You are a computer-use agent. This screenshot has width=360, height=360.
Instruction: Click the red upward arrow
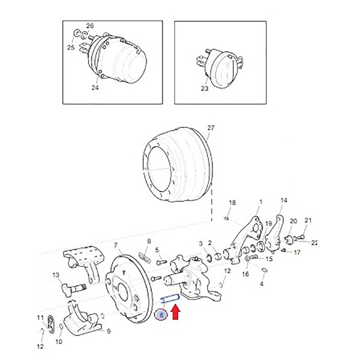pyautogui.click(x=176, y=312)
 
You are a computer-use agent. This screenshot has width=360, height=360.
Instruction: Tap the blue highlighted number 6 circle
pyautogui.click(x=161, y=315)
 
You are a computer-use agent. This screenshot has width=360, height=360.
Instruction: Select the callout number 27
pyautogui.click(x=211, y=128)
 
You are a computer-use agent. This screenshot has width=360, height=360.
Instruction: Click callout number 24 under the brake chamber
pyautogui.click(x=95, y=87)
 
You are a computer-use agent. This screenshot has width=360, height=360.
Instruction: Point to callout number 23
pyautogui.click(x=204, y=88)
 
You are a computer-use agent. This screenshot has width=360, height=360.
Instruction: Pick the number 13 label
pyautogui.click(x=56, y=275)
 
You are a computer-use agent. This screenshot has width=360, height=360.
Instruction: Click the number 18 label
pyautogui.click(x=232, y=203)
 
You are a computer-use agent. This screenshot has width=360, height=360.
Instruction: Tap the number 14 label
pyautogui.click(x=284, y=200)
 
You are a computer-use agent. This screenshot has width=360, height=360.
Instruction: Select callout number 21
pyautogui.click(x=308, y=220)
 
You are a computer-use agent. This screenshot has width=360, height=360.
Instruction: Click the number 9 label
pyautogui.click(x=109, y=331)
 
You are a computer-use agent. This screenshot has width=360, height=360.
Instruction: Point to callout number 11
pyautogui.click(x=40, y=318)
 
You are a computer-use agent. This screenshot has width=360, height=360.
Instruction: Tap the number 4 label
pyautogui.click(x=261, y=284)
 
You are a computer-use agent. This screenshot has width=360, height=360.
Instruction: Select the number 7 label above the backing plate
pyautogui.click(x=116, y=246)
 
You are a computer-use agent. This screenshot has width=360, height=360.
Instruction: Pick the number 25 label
pyautogui.click(x=71, y=48)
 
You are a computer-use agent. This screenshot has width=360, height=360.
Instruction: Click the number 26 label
pyautogui.click(x=90, y=26)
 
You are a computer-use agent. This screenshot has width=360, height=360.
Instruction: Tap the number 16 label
pyautogui.click(x=245, y=274)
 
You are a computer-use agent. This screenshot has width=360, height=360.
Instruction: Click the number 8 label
pyautogui.click(x=149, y=241)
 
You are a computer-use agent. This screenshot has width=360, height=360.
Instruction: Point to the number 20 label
pyautogui.click(x=293, y=221)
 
